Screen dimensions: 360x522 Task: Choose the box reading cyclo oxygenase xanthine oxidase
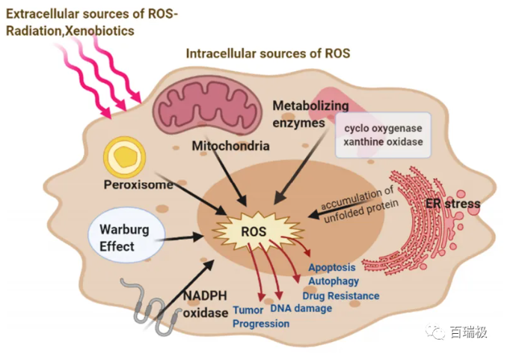click(x=383, y=135)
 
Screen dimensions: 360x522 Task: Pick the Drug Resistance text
click(x=340, y=296)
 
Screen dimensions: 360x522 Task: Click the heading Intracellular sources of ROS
click(x=268, y=54)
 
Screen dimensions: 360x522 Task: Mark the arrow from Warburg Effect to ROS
click(x=179, y=239)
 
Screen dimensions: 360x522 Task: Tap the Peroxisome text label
click(x=138, y=184)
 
